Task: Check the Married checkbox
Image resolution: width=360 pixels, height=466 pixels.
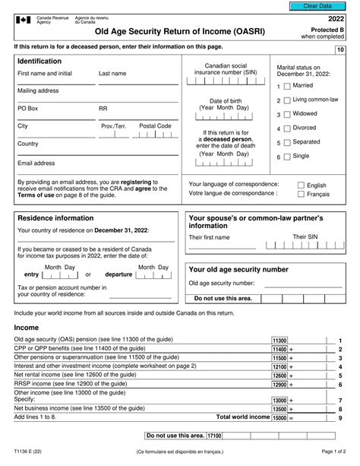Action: click(286, 86)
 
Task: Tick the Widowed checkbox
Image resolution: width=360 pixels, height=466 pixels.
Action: click(286, 114)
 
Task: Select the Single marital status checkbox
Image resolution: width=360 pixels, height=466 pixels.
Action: click(286, 156)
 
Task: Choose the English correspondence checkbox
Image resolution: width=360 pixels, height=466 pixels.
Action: click(301, 185)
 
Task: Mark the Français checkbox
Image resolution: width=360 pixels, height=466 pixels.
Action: click(301, 195)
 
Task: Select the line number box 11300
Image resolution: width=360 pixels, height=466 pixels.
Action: click(279, 340)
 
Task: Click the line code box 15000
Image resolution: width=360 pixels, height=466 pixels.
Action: click(279, 417)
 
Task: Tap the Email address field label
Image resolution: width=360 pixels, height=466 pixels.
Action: click(36, 162)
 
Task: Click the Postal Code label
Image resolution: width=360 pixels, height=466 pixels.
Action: click(154, 125)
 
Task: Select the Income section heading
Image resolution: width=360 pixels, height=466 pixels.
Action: click(27, 327)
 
